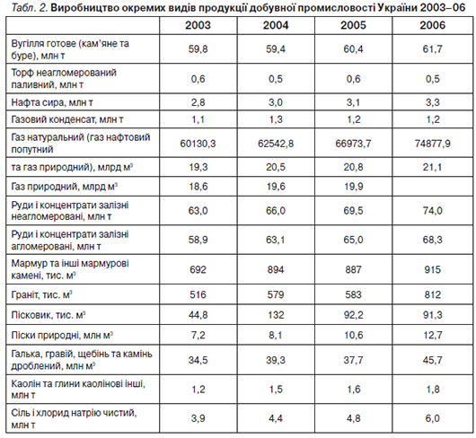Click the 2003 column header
[198, 25]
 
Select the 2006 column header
[432, 25]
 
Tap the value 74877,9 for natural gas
[432, 144]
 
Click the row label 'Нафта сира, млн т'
[52, 102]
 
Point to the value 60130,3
[198, 144]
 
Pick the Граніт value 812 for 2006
[432, 294]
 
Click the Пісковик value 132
[276, 315]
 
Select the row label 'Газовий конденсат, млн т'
[67, 119]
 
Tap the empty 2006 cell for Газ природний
[432, 187]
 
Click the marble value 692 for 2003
[198, 269]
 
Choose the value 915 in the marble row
[432, 269]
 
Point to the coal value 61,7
[432, 48]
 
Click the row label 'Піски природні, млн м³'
[62, 335]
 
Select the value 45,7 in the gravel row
[432, 360]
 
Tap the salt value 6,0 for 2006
[432, 418]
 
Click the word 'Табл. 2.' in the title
[30, 7]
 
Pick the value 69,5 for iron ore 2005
[353, 211]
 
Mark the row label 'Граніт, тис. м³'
[41, 294]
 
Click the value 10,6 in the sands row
[353, 335]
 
